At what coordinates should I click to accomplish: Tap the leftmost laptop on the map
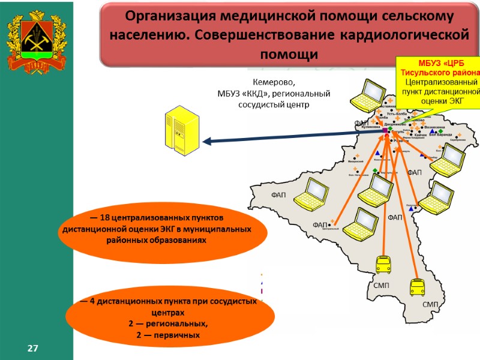pyautogui.click(x=312, y=193)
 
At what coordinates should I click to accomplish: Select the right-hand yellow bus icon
pyautogui.click(x=416, y=288)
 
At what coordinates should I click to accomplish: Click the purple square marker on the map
pyautogui.click(x=385, y=130)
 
